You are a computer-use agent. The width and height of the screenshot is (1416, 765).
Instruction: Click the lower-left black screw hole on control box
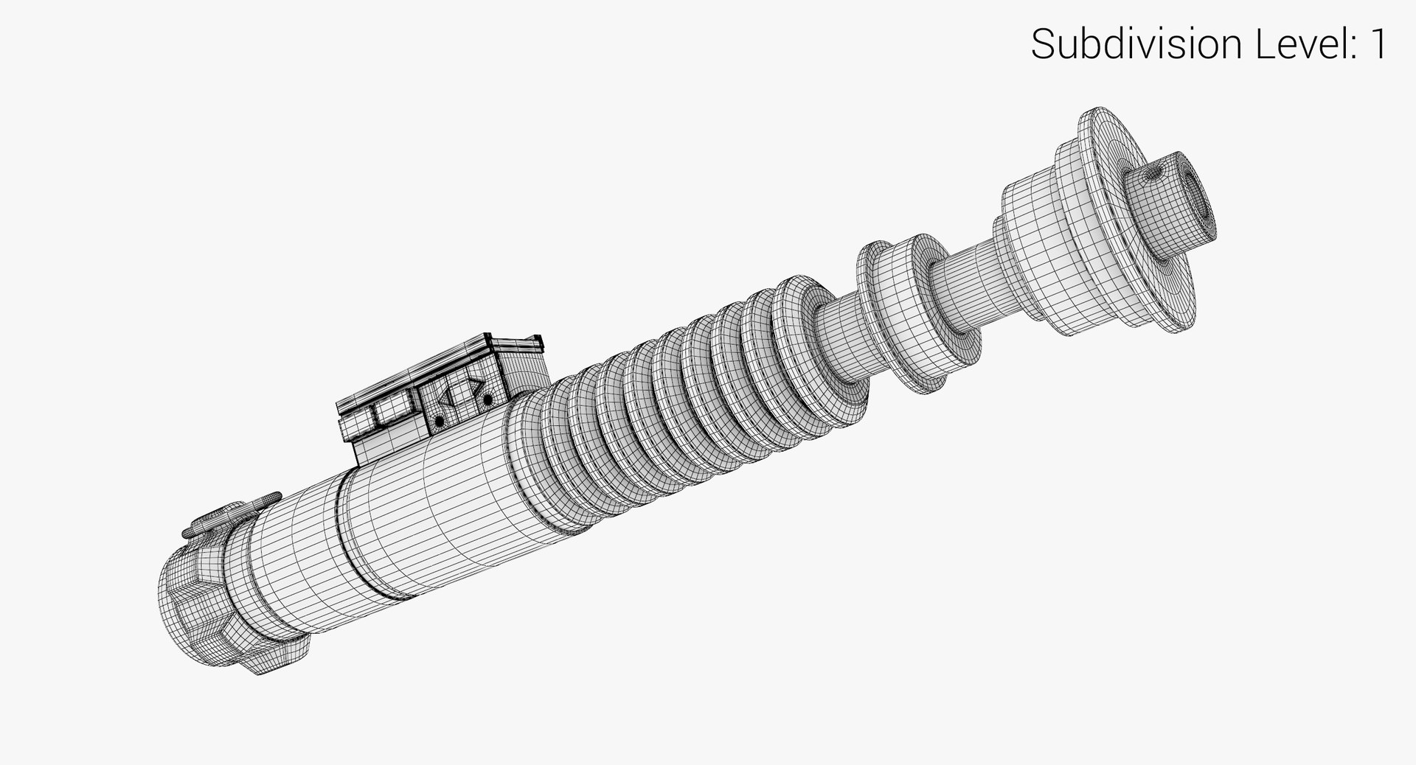(440, 421)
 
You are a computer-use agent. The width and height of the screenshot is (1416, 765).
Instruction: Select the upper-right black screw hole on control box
(487, 399)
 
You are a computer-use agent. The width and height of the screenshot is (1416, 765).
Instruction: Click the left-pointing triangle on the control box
(445, 398)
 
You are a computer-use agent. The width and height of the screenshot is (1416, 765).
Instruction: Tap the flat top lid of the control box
(442, 365)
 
